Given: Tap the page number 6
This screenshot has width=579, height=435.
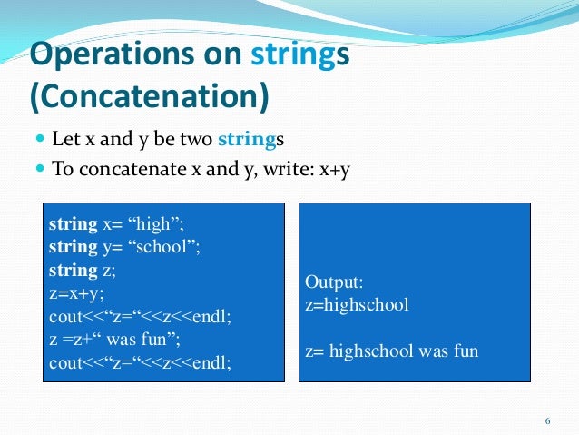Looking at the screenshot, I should (x=547, y=421).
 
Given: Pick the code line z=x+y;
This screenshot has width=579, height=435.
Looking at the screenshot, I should (x=76, y=293).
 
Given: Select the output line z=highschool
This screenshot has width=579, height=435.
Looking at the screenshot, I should (x=357, y=304).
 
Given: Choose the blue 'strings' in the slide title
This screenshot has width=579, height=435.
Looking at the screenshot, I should (x=292, y=56).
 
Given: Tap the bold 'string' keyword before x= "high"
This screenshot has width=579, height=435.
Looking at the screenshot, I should (x=73, y=223).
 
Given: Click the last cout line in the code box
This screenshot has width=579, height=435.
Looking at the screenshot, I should (x=140, y=364).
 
